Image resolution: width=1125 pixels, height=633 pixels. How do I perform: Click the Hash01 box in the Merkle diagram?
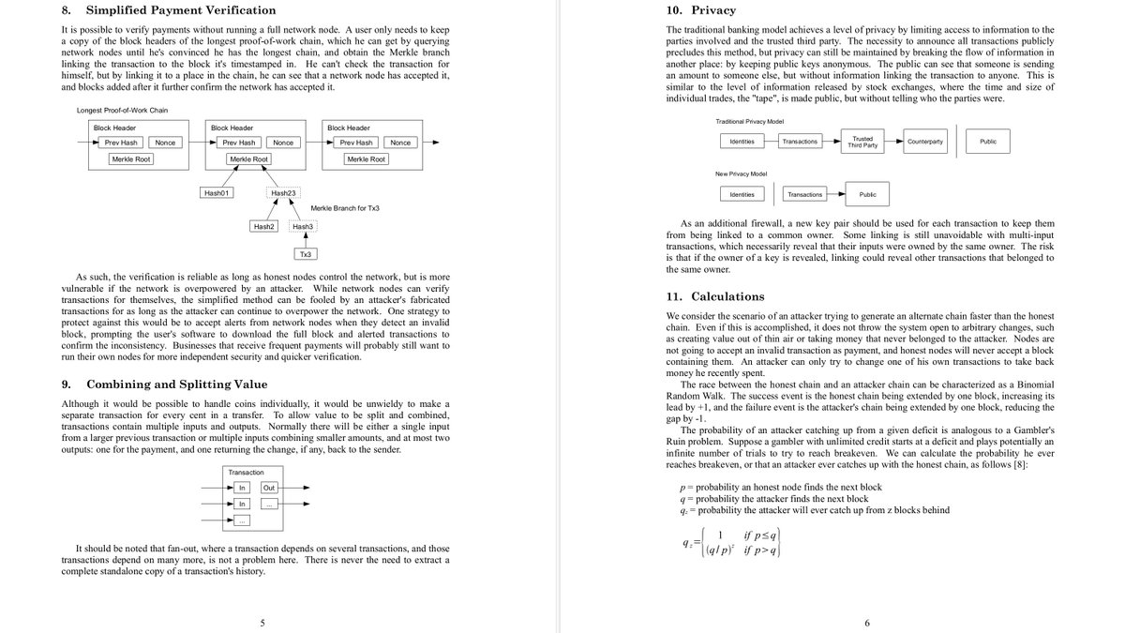(x=217, y=193)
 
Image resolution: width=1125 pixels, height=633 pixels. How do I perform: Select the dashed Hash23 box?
(x=284, y=193)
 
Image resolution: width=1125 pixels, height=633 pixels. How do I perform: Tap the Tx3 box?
(x=307, y=254)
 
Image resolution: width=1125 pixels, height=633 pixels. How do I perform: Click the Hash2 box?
(x=263, y=226)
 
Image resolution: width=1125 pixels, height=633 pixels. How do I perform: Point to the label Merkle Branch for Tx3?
(x=344, y=207)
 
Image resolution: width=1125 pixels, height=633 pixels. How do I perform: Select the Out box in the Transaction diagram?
(x=269, y=488)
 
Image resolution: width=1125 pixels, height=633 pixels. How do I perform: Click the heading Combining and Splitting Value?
(x=176, y=384)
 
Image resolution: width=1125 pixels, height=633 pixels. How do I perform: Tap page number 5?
(x=262, y=623)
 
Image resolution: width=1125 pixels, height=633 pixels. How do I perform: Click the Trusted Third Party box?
(x=862, y=142)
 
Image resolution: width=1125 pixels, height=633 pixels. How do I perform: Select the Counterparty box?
(x=925, y=142)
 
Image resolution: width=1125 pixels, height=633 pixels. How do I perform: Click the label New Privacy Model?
(x=741, y=173)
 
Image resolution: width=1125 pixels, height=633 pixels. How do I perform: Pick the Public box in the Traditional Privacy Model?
(x=987, y=142)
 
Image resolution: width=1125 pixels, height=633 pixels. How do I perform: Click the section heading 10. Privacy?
(x=700, y=11)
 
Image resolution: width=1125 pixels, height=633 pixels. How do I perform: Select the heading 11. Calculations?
(x=715, y=296)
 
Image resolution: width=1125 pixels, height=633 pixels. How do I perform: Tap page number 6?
(x=867, y=623)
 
